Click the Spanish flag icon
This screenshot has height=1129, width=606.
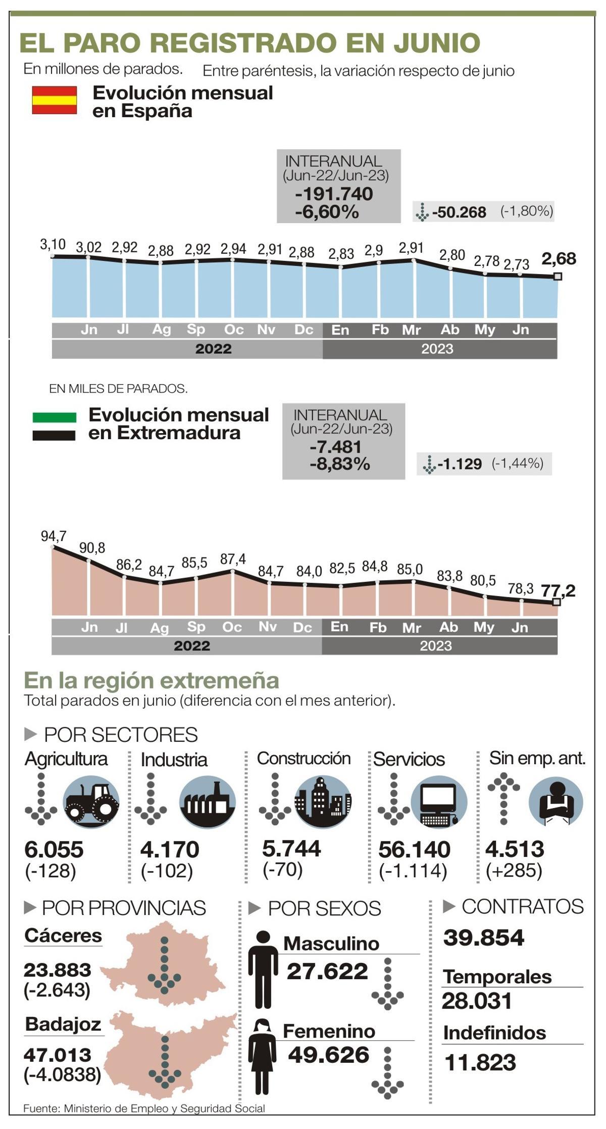[55, 100]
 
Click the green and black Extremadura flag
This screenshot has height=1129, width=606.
[54, 426]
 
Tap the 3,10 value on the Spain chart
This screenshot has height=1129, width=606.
[53, 245]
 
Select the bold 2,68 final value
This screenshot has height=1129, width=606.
[559, 259]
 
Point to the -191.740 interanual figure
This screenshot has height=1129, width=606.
[334, 194]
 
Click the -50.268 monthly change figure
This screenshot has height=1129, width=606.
[459, 212]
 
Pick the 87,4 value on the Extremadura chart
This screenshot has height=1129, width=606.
[233, 559]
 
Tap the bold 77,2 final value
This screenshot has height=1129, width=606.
[558, 590]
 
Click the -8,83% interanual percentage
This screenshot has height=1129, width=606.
[340, 464]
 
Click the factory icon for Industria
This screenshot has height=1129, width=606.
[207, 802]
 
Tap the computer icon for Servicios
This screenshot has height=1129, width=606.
[438, 802]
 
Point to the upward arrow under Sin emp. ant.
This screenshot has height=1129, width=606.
[503, 799]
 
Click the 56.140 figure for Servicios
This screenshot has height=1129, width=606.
[414, 849]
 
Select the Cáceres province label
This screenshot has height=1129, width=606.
[63, 936]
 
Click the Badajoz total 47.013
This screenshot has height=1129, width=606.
[58, 1055]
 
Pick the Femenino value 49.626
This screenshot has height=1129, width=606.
[329, 1055]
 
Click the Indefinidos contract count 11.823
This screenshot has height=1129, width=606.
[480, 1063]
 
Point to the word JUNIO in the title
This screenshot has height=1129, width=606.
[436, 43]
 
